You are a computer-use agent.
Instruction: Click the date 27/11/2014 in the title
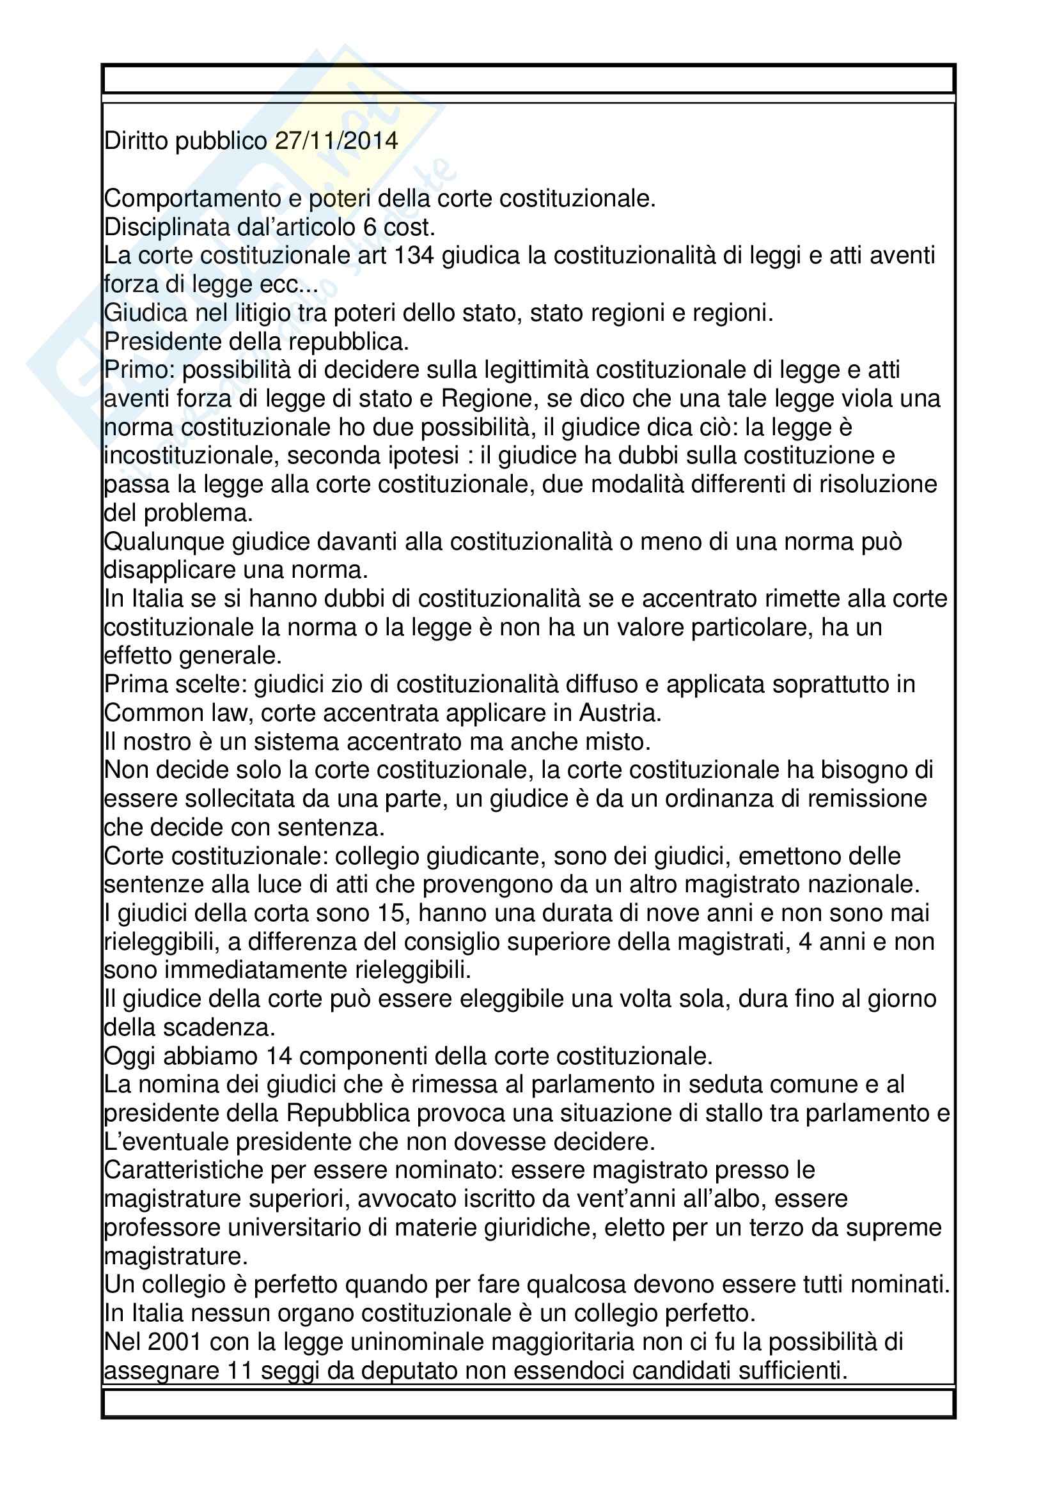336,141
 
